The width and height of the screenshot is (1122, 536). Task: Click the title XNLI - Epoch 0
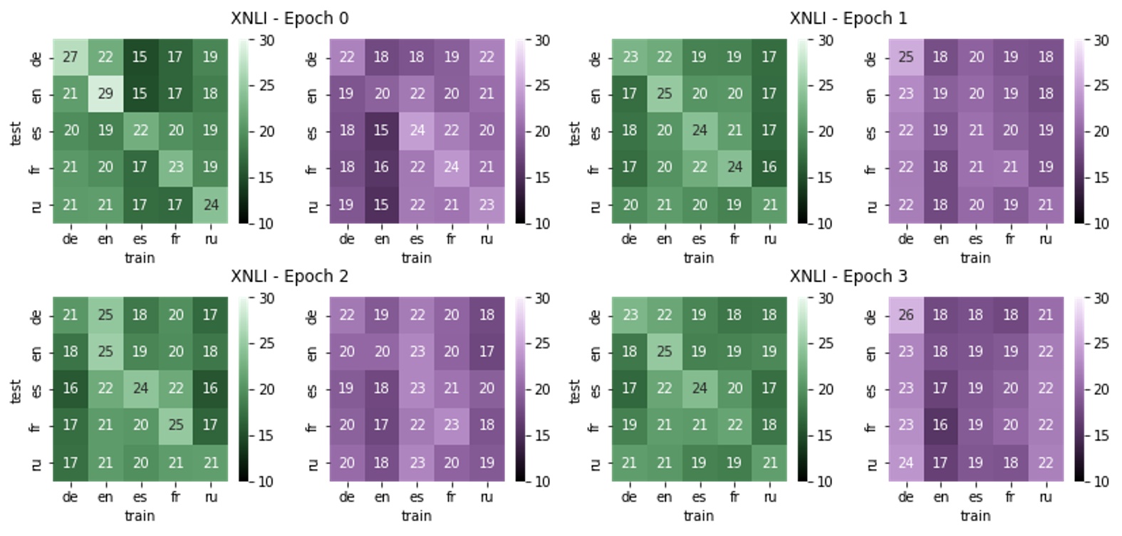(x=289, y=19)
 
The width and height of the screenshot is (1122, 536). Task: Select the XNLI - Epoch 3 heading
(x=848, y=277)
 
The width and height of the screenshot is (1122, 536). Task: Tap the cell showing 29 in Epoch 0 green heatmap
(x=105, y=94)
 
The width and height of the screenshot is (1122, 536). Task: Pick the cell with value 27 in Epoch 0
(x=70, y=57)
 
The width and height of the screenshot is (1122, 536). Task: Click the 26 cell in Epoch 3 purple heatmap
(x=905, y=315)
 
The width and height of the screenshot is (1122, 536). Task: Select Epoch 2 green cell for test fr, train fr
(x=175, y=426)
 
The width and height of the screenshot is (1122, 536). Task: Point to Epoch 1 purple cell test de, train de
(x=905, y=57)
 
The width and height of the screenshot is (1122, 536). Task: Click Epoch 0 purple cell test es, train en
(x=381, y=131)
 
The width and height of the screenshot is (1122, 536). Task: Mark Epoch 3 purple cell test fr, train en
(x=940, y=426)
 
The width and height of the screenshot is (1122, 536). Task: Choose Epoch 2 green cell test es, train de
(x=70, y=388)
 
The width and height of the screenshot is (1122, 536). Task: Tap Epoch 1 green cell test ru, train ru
(x=769, y=205)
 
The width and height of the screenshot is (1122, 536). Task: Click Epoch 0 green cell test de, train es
(x=140, y=57)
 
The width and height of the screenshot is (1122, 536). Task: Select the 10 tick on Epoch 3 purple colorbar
(x=1101, y=482)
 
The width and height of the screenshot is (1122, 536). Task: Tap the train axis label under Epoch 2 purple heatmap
(x=416, y=515)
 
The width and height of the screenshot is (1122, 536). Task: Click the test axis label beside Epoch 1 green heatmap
(x=575, y=133)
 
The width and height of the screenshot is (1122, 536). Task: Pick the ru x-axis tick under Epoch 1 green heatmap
(x=769, y=239)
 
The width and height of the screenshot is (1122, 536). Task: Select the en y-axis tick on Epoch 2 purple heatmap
(x=313, y=353)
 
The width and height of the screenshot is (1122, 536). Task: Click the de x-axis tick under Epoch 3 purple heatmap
(x=905, y=498)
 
